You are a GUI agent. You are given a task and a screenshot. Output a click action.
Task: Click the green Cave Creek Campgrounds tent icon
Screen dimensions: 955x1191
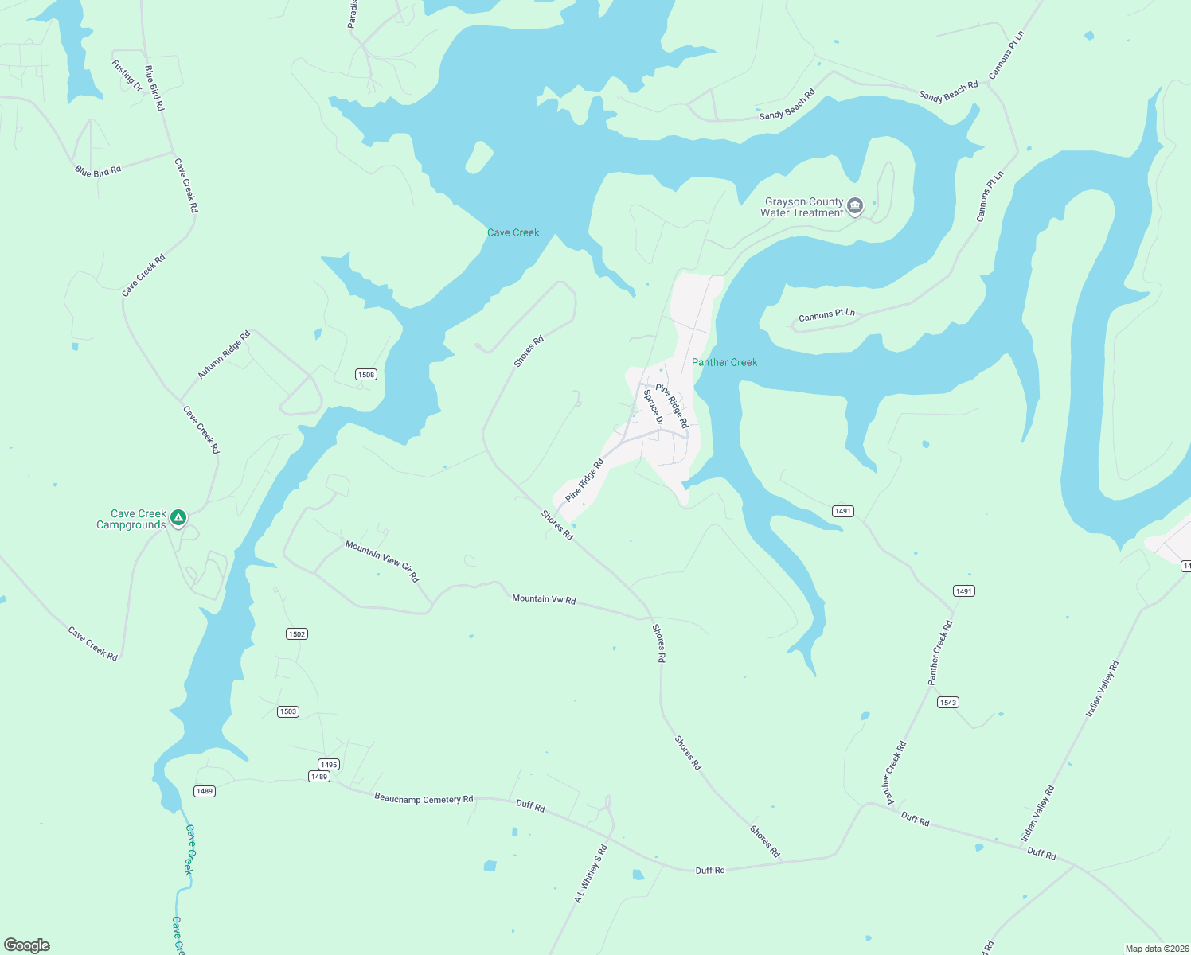click(x=179, y=518)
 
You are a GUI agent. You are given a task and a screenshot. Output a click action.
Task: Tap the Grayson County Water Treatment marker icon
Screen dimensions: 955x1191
click(x=855, y=207)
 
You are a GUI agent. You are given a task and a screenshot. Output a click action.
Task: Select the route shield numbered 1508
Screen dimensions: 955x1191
click(x=365, y=375)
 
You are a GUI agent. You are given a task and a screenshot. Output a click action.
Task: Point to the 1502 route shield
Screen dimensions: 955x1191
click(x=296, y=634)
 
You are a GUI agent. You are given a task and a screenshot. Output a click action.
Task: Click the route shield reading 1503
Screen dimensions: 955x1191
click(x=288, y=711)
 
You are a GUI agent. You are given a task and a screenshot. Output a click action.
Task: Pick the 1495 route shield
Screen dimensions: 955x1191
click(x=329, y=764)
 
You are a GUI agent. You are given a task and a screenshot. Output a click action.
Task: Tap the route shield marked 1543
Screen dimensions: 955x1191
click(x=947, y=702)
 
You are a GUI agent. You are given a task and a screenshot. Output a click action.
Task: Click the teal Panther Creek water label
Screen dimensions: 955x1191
click(x=724, y=362)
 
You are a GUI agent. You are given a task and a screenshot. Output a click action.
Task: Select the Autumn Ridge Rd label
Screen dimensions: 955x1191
click(x=224, y=354)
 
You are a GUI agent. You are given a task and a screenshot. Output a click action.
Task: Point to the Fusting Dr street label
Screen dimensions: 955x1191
click(x=127, y=76)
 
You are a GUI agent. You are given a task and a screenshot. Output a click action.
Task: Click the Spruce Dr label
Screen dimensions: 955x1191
click(x=654, y=407)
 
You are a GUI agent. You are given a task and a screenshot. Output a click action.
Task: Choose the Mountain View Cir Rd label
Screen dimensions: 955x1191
click(x=382, y=561)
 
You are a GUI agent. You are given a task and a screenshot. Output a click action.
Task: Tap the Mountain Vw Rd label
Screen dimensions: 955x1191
click(x=544, y=599)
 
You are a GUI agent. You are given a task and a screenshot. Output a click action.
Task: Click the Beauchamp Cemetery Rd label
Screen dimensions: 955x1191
click(x=424, y=798)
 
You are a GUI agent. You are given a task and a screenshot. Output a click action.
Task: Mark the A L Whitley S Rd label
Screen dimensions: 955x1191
click(x=591, y=873)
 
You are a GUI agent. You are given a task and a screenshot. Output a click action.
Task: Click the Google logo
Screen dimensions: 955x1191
click(x=27, y=945)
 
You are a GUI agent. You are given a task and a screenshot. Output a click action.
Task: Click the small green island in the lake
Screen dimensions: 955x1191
click(x=478, y=157)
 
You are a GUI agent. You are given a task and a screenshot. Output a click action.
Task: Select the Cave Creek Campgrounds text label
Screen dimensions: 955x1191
click(x=131, y=519)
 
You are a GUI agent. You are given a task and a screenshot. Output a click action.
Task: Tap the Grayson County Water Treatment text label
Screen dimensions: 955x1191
click(x=802, y=207)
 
